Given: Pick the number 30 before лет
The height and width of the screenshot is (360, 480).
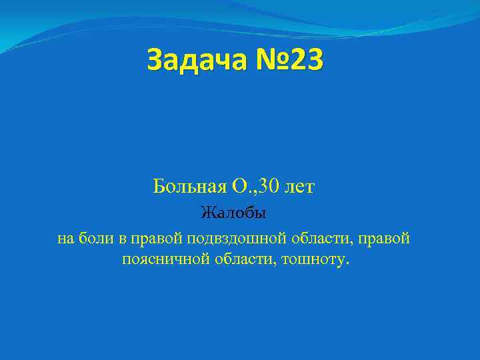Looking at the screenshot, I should [267, 187].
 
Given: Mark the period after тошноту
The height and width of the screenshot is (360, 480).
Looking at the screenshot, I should [346, 263].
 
